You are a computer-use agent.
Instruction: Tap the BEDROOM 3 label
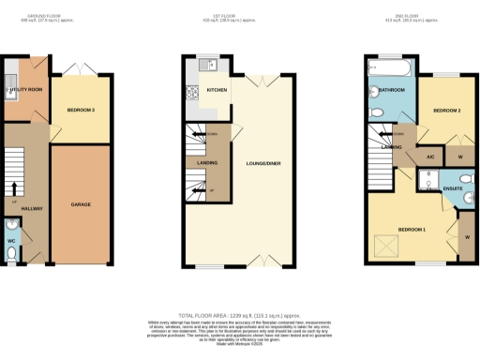[82, 111]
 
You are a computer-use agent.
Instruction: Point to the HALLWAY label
[32, 207]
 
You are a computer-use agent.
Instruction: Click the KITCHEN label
[217, 91]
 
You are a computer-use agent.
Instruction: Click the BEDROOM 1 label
[411, 229]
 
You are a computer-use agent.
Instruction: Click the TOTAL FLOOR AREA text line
[239, 316]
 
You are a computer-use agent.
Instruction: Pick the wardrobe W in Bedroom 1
[466, 238]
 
